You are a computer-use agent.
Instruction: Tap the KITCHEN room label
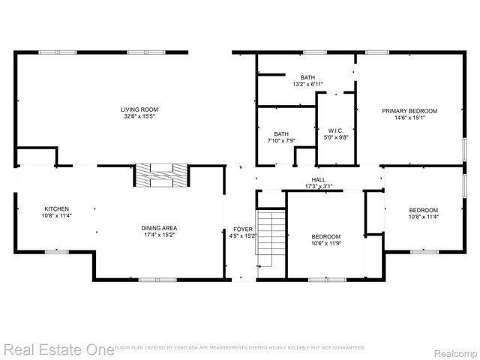click(x=57, y=209)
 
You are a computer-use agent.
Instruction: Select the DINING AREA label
click(x=159, y=228)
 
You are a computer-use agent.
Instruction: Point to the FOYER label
click(x=243, y=229)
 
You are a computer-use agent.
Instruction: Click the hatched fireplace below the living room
click(x=161, y=175)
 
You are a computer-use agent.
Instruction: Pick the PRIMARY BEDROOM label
click(x=409, y=111)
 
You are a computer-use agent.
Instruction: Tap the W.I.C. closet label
click(x=335, y=131)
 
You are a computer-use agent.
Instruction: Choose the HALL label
click(x=319, y=179)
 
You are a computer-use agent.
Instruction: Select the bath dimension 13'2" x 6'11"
click(x=308, y=84)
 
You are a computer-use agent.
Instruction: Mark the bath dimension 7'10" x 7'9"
click(x=281, y=140)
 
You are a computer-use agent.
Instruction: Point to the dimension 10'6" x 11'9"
click(x=326, y=242)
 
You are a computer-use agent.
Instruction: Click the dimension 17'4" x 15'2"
click(x=159, y=235)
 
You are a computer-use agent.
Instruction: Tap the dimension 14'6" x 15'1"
click(x=409, y=118)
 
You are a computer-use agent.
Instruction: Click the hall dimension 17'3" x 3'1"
click(x=319, y=186)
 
